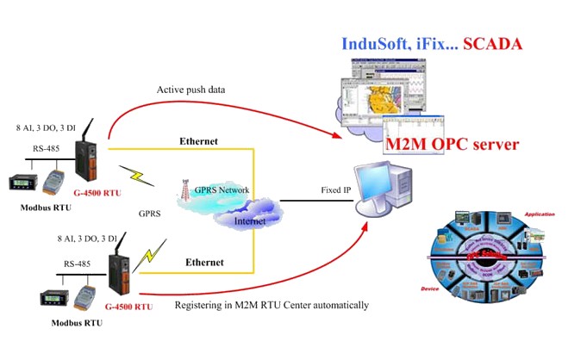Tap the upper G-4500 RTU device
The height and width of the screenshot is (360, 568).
pyautogui.click(x=88, y=158)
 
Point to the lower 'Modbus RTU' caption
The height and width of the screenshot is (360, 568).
pyautogui.click(x=75, y=322)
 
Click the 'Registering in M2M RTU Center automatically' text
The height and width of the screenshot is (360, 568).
pyautogui.click(x=272, y=305)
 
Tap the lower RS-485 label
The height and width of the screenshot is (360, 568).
pyautogui.click(x=75, y=265)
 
